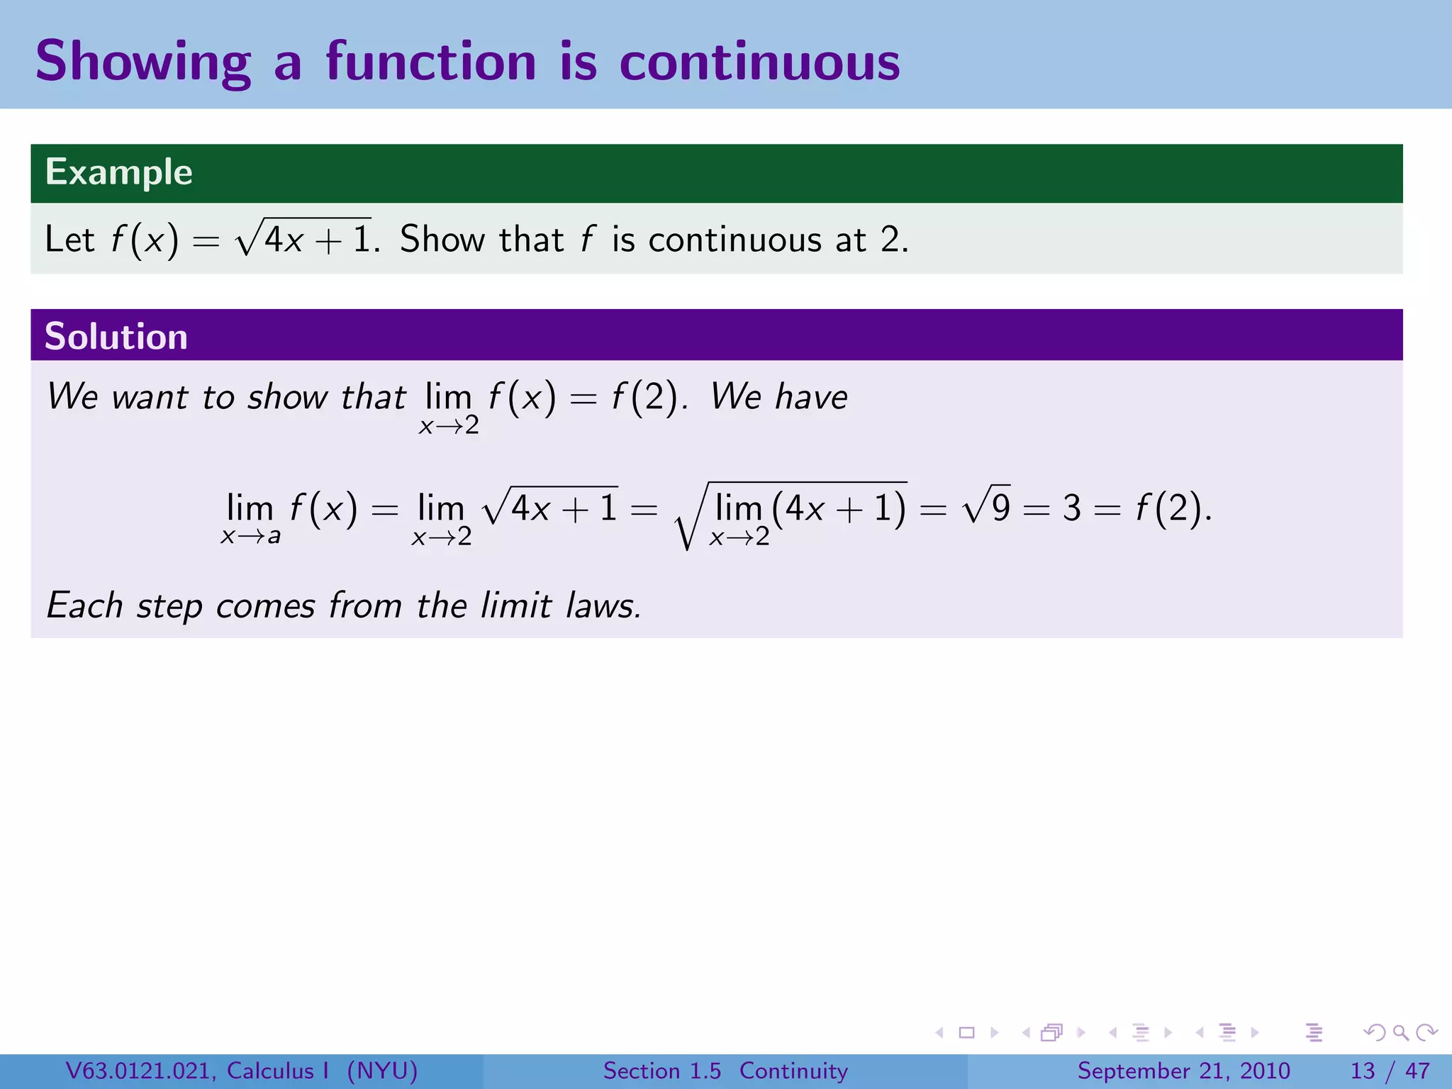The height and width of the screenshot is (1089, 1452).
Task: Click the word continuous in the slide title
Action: [x=759, y=62]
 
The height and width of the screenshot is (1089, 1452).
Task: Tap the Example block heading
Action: [x=119, y=172]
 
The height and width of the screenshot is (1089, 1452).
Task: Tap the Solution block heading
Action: [x=116, y=336]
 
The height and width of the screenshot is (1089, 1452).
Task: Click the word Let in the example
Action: [x=69, y=240]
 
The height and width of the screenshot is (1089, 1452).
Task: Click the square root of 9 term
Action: [x=986, y=506]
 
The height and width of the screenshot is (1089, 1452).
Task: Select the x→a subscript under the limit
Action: [x=250, y=537]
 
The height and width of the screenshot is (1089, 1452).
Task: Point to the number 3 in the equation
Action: [x=1071, y=508]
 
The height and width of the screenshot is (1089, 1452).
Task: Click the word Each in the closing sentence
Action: [x=84, y=605]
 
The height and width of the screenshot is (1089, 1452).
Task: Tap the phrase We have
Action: [x=778, y=396]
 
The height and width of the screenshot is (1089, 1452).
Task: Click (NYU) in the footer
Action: [x=382, y=1071]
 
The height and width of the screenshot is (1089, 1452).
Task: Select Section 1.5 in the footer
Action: [x=661, y=1071]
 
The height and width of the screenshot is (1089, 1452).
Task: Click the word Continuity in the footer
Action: [x=793, y=1071]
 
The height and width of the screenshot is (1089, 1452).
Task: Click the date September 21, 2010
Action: [x=1183, y=1071]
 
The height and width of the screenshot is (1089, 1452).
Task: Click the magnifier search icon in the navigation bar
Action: [x=1400, y=1032]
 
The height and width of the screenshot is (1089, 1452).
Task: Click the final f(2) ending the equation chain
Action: [x=1171, y=508]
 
